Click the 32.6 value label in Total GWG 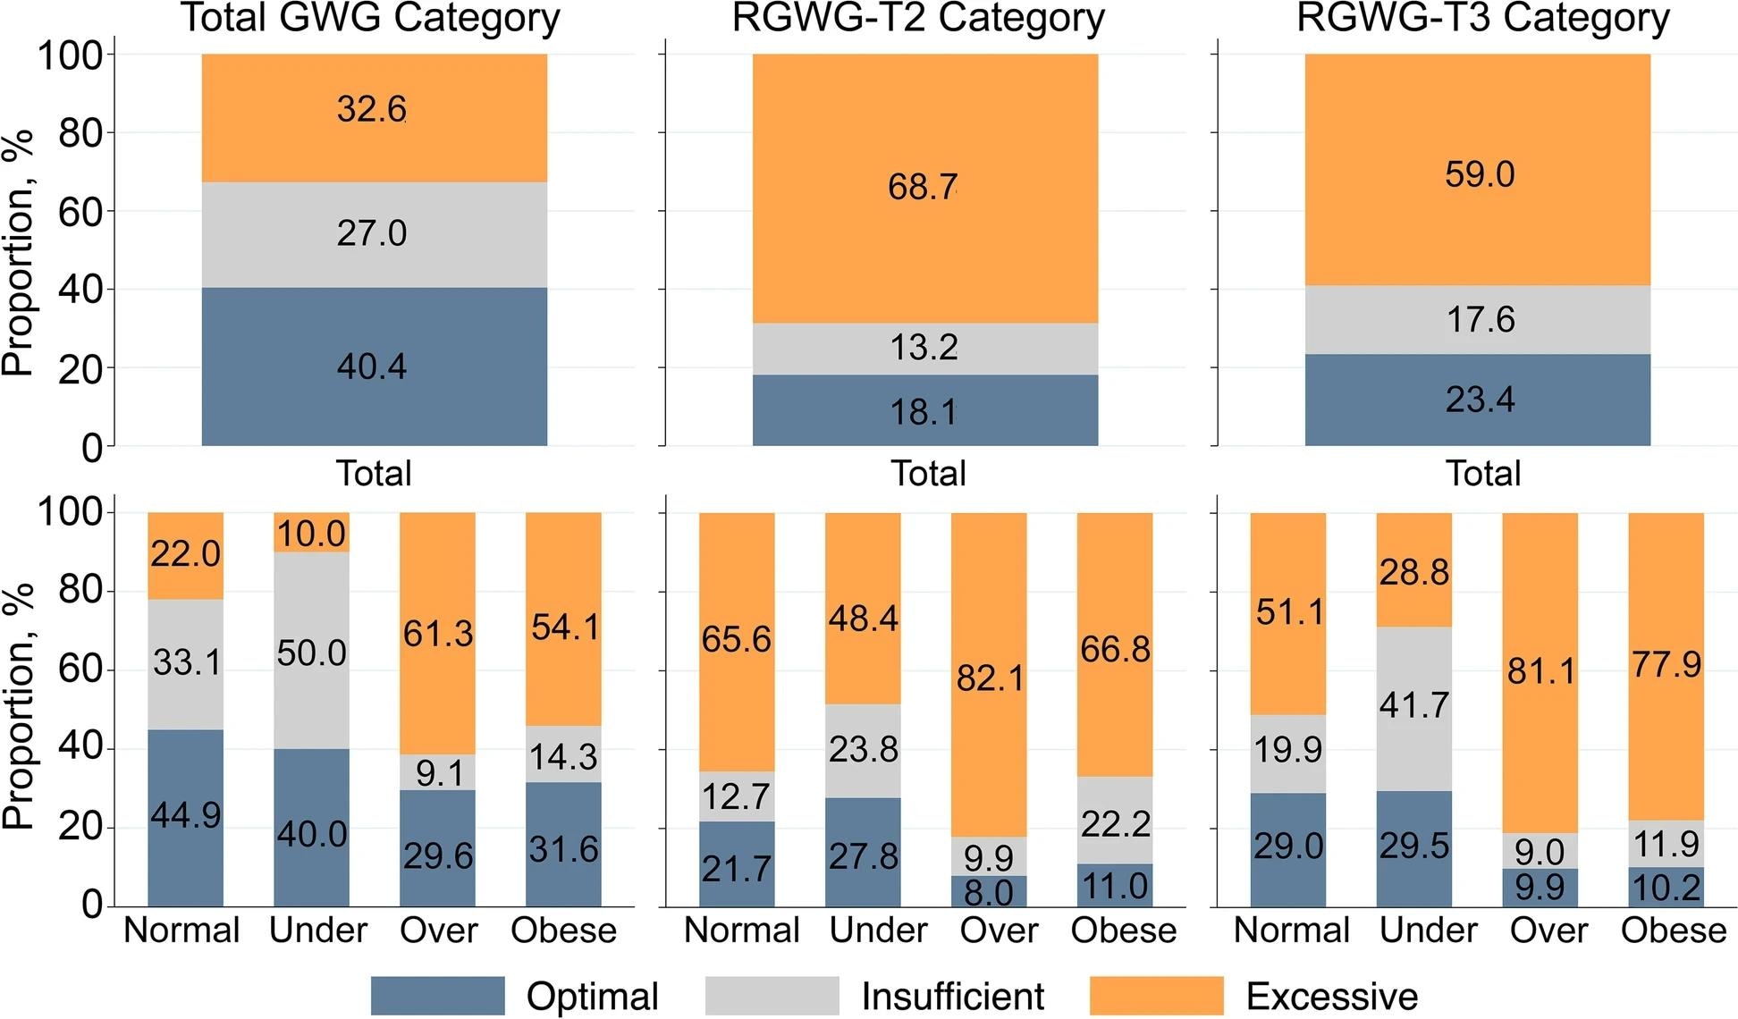pos(372,109)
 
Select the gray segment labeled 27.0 pos(374,234)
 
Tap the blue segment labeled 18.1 pos(924,410)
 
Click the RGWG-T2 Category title pos(918,18)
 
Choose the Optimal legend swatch pos(437,996)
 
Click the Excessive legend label pos(1331,996)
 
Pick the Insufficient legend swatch pos(772,996)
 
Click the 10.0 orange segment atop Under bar pos(311,533)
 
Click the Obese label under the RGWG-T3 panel pos(1673,931)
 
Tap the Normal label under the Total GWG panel pos(181,931)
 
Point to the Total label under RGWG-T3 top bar pos(1482,473)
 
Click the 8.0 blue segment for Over pos(989,892)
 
